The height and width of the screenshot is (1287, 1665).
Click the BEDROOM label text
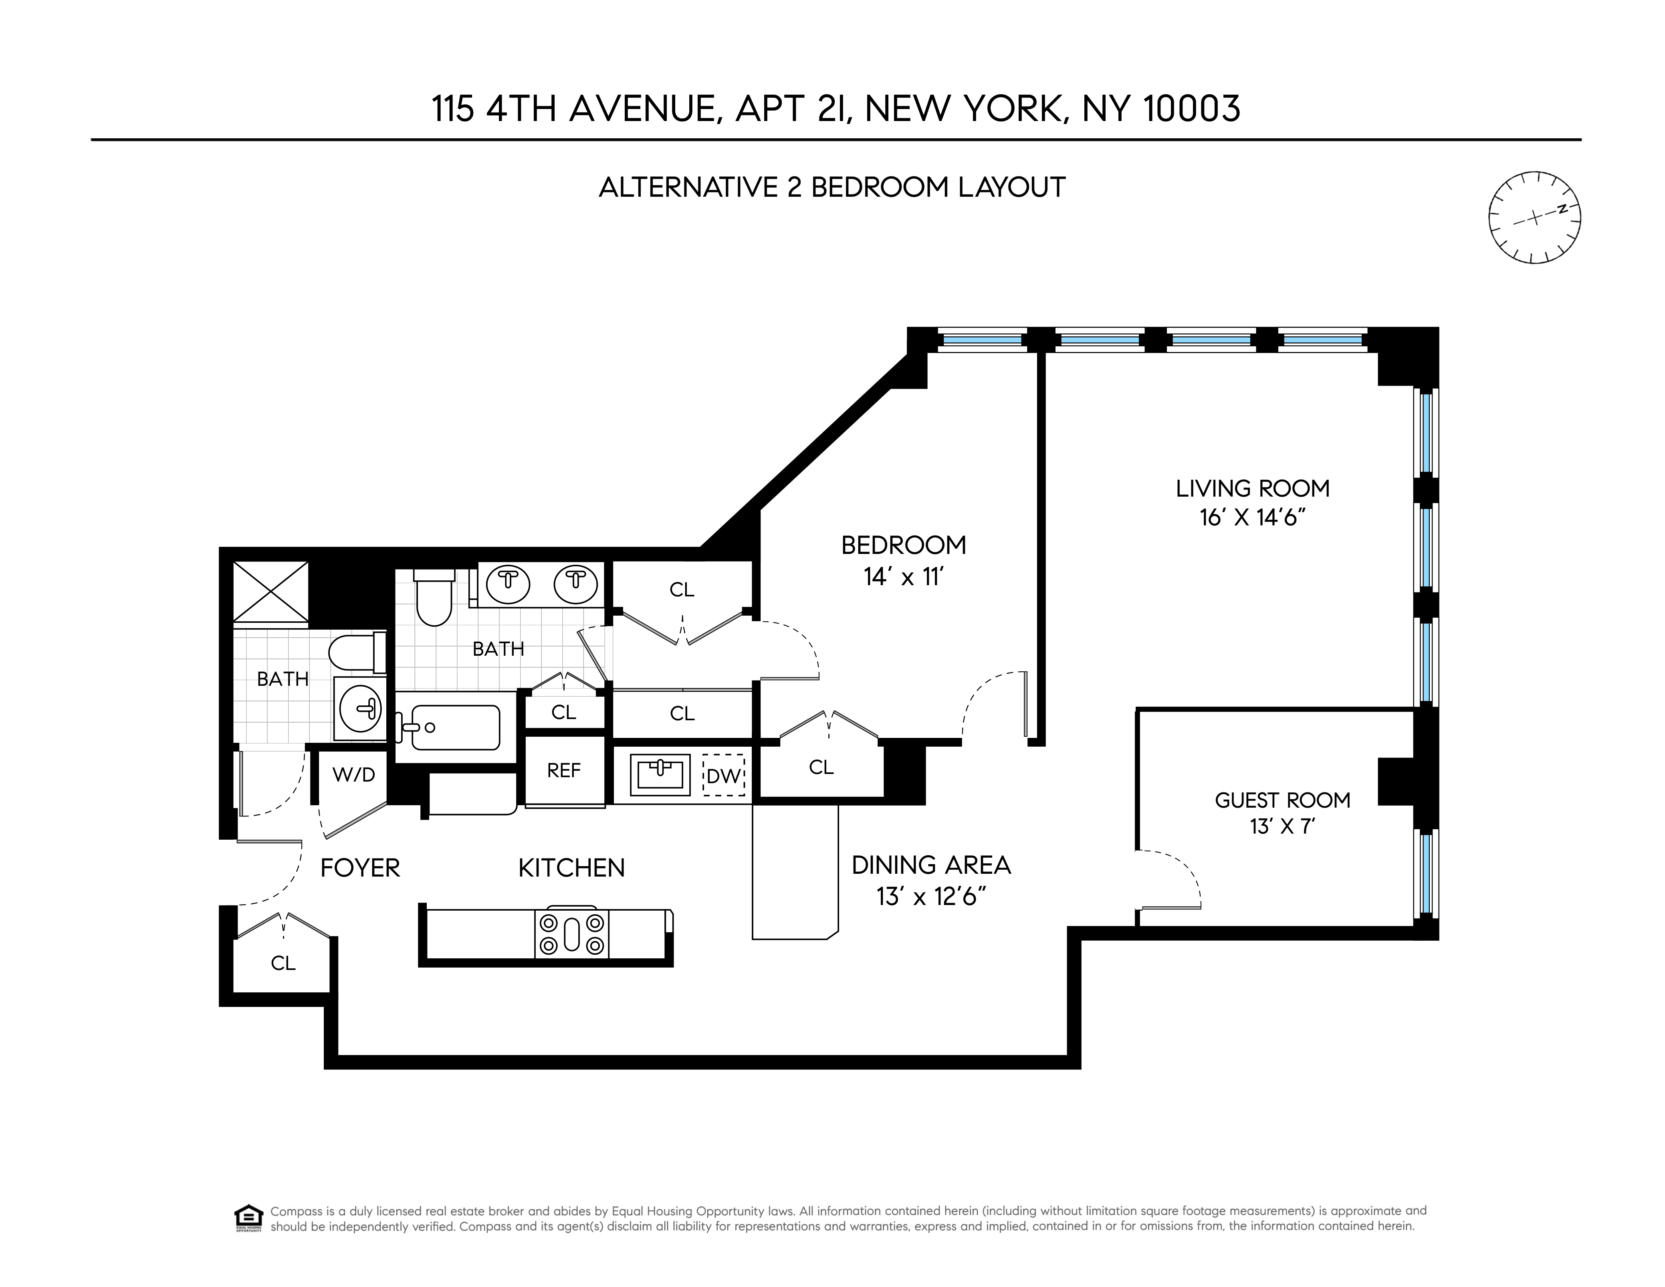[x=903, y=545]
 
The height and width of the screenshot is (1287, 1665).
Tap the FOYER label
[x=360, y=868]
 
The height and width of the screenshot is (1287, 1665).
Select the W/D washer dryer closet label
[x=354, y=775]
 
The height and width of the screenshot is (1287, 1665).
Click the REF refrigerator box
[x=564, y=771]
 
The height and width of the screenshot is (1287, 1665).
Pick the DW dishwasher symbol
[x=723, y=776]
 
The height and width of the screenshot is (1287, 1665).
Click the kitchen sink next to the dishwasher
[x=660, y=775]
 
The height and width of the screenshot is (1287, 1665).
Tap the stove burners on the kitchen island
[x=572, y=934]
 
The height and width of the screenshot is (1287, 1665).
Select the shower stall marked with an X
[x=270, y=592]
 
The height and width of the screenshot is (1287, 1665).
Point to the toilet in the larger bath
[x=434, y=598]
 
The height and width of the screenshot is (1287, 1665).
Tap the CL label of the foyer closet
[x=283, y=964]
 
